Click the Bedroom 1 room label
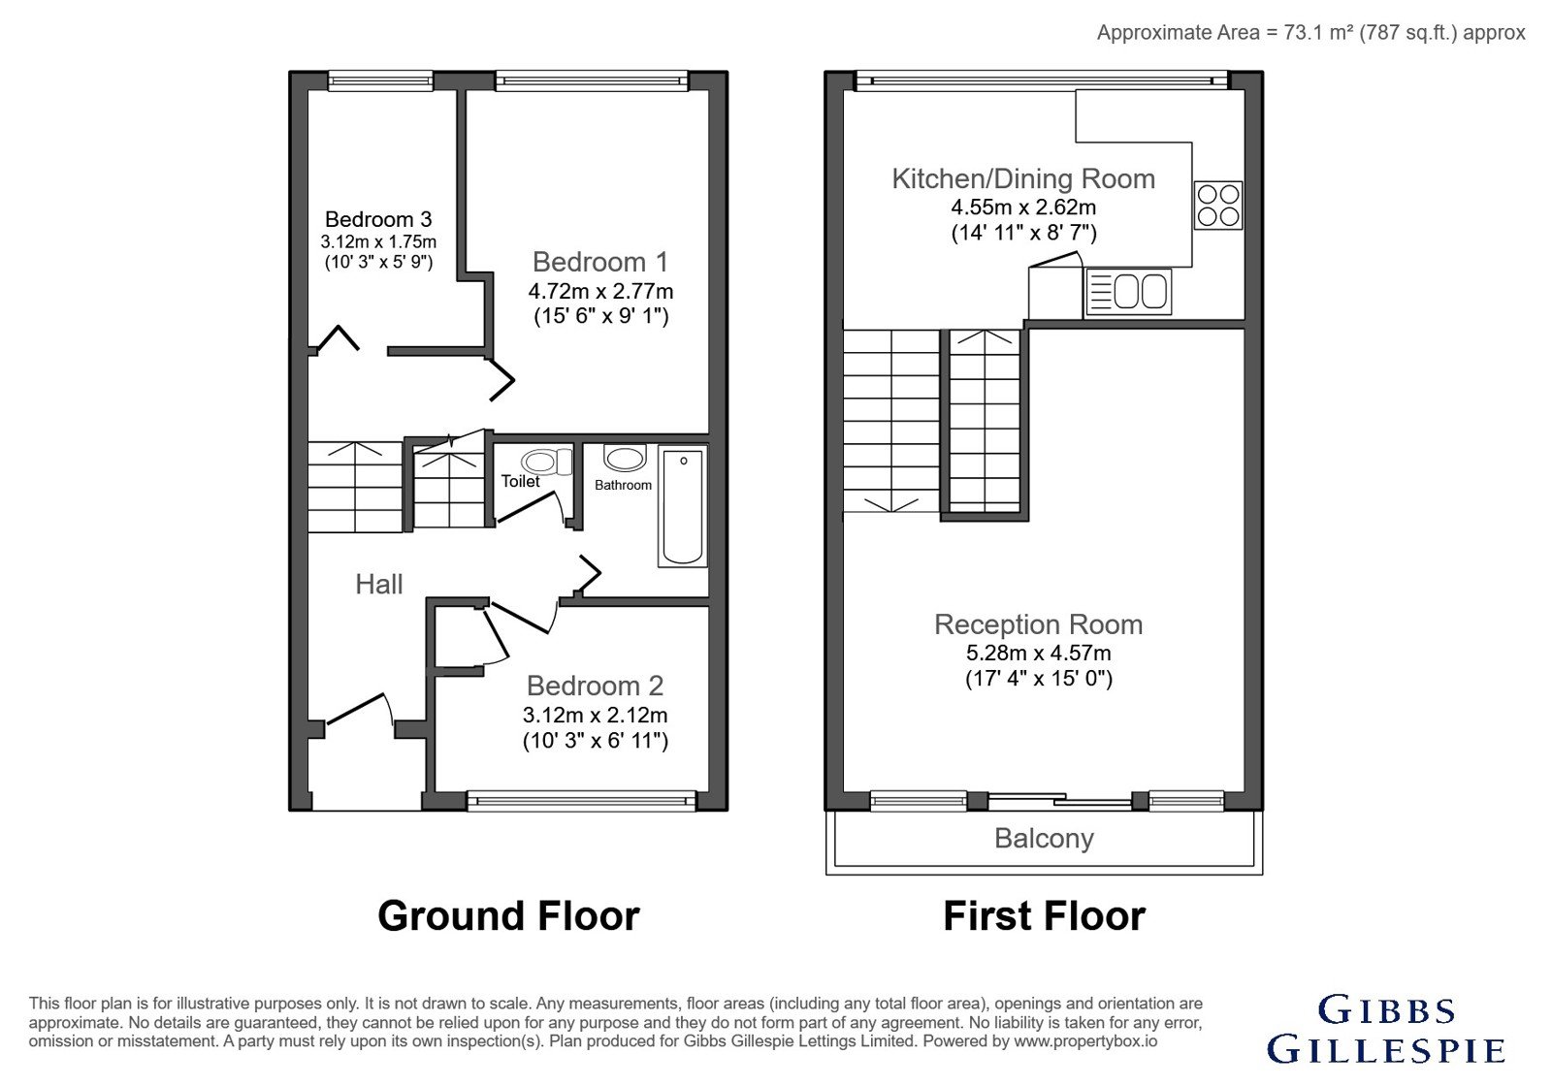[x=600, y=262]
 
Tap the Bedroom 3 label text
[x=378, y=219]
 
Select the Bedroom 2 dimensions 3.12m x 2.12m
[x=596, y=715]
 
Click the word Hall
[x=379, y=585]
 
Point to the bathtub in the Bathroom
[x=683, y=506]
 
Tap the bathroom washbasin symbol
[x=625, y=458]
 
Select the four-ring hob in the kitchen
[x=1218, y=205]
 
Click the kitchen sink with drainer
[x=1128, y=292]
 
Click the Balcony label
[x=1044, y=839]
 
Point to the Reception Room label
[x=1038, y=624]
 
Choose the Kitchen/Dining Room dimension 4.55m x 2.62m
[x=1023, y=208]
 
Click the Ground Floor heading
[x=508, y=916]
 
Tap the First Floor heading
[x=1044, y=916]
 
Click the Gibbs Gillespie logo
[x=1386, y=1029]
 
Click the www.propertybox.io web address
[x=1085, y=1041]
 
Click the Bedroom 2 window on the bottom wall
[x=581, y=801]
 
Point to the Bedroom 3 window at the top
[x=380, y=81]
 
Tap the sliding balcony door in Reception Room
[x=1059, y=801]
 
